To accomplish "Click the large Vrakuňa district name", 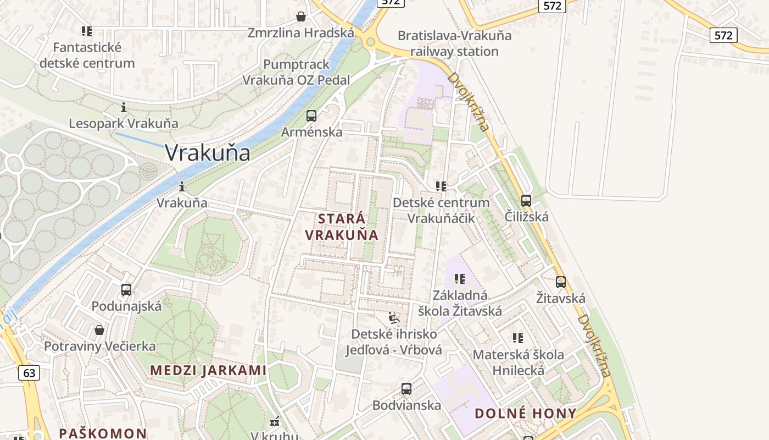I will (x=208, y=153).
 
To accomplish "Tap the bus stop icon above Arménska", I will (x=311, y=116).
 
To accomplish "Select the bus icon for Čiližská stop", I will (x=526, y=201).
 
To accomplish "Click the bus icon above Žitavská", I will (x=561, y=282).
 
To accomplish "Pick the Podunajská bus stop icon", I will (x=126, y=290).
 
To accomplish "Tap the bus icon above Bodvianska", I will (x=406, y=389).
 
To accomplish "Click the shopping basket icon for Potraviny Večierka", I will (x=99, y=330).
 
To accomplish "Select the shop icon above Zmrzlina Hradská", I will (x=301, y=16).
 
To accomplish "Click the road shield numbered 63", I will (x=29, y=373).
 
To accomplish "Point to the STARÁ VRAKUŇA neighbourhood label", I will (x=342, y=227).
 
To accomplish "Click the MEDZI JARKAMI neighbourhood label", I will (x=208, y=370).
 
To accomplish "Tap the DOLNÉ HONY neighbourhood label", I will (x=526, y=414).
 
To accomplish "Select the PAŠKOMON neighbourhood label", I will (x=103, y=433).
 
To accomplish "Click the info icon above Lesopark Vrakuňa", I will (x=124, y=107).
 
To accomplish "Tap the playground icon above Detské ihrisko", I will (x=394, y=318).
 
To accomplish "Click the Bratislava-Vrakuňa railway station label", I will (x=454, y=43).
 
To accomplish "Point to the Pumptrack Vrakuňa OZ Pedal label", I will (x=296, y=72).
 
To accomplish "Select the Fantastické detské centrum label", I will (x=87, y=55).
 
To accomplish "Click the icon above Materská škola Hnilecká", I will (x=518, y=338).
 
